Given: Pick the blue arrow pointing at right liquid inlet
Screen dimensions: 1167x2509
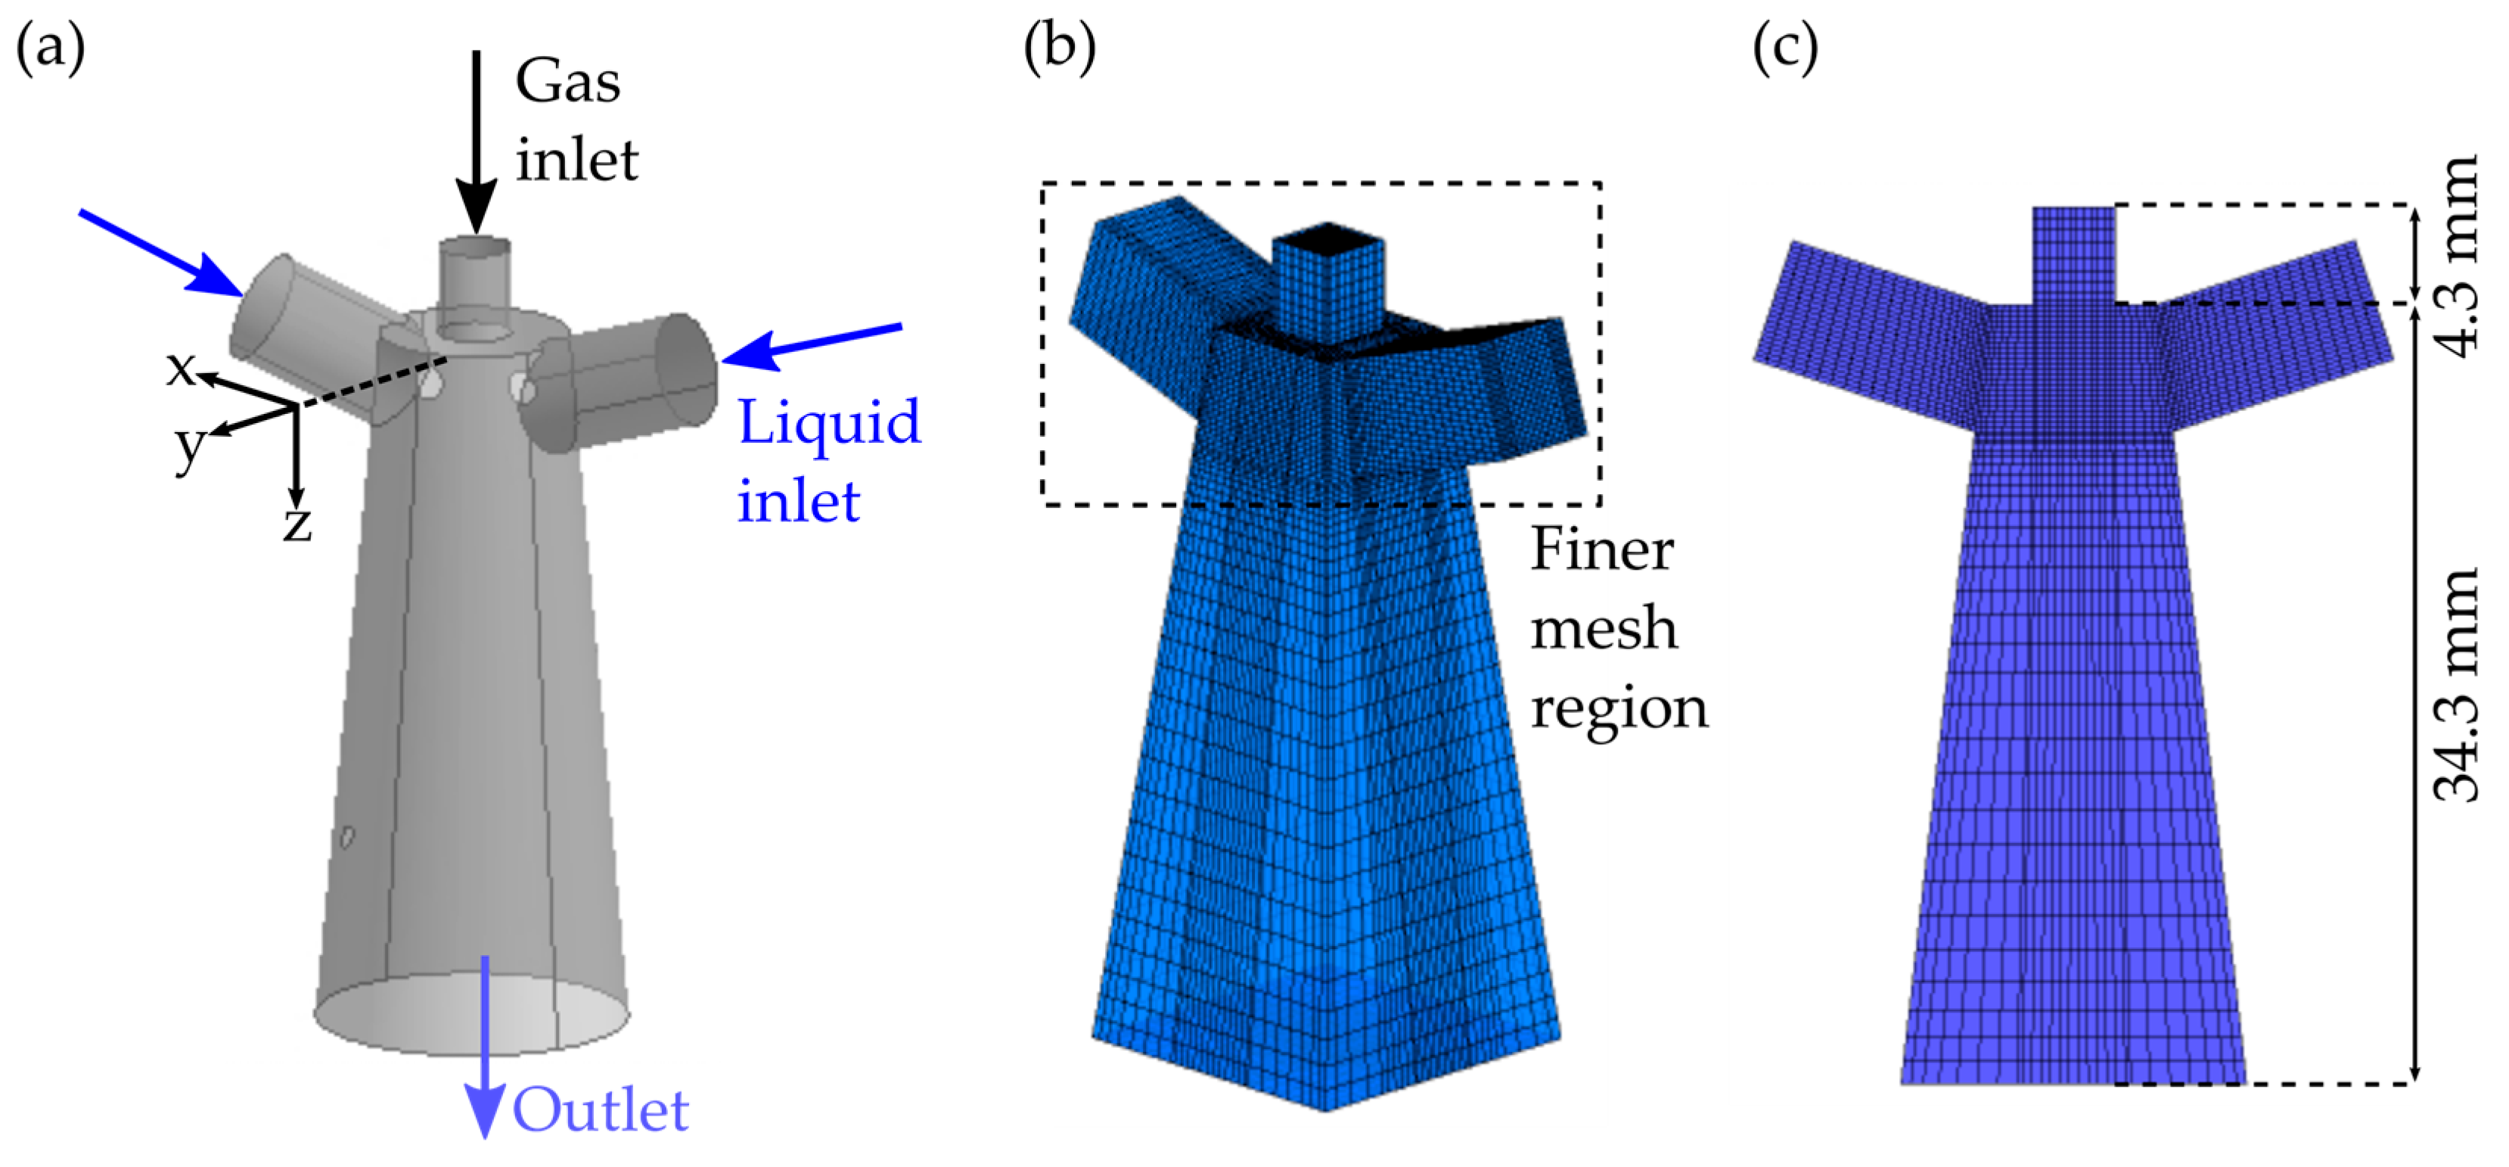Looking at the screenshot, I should [x=813, y=346].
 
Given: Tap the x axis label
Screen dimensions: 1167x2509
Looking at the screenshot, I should [x=180, y=369].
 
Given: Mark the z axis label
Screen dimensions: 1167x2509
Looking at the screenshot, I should [x=297, y=524].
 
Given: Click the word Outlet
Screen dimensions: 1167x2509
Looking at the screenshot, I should [x=600, y=1110].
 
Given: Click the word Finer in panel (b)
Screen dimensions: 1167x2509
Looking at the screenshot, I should [x=1602, y=549].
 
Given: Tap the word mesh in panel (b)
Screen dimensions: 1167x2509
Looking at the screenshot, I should [x=1603, y=628].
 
